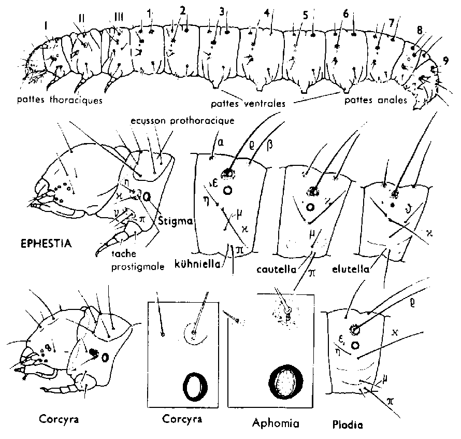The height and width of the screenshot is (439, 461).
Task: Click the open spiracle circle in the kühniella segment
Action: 226,191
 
